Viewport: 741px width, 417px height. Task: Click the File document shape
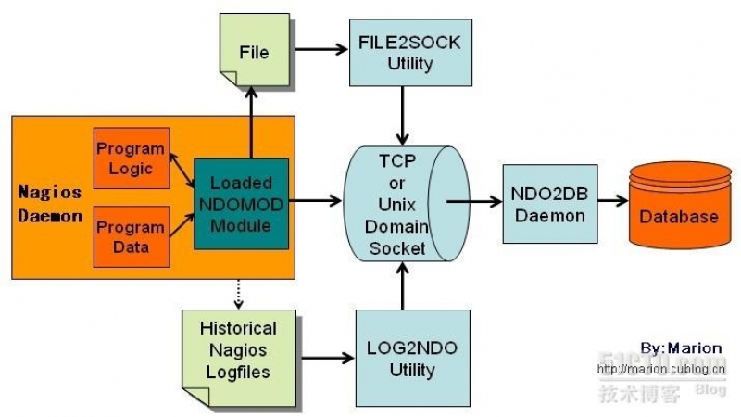click(x=253, y=52)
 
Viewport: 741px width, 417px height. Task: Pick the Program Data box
click(x=131, y=237)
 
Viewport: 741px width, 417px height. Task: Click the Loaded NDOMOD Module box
click(x=241, y=204)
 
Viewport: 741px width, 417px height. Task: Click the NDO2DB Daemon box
click(x=549, y=204)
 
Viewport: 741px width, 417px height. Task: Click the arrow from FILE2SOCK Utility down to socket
click(x=401, y=116)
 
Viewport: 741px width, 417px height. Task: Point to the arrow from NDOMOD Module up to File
click(x=251, y=120)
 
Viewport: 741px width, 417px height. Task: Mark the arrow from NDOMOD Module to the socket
click(x=315, y=199)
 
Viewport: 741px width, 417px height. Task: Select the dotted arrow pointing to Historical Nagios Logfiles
click(x=240, y=294)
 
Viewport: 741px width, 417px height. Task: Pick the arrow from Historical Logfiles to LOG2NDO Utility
click(x=324, y=356)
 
